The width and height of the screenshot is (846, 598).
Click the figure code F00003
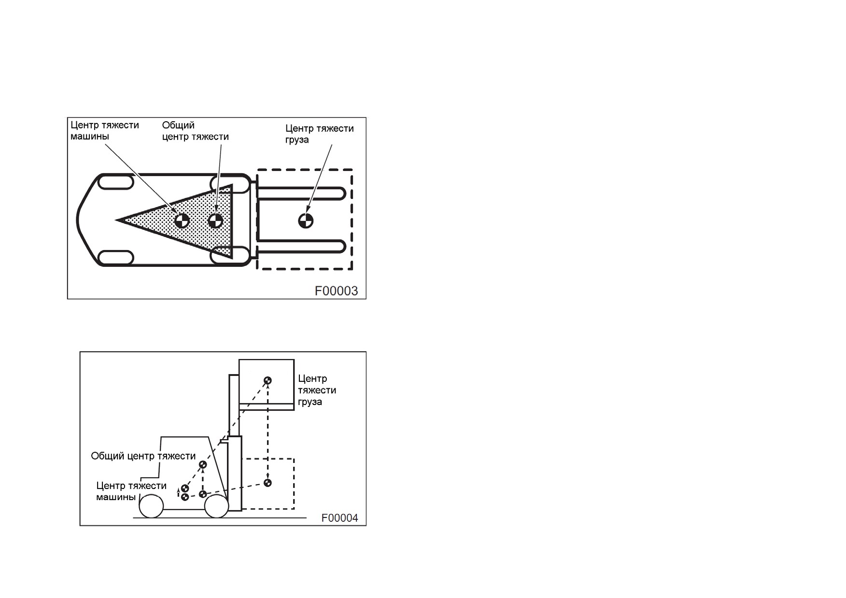tap(336, 291)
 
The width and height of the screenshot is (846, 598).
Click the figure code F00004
tap(340, 518)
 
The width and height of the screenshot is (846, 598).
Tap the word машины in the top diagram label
tap(90, 136)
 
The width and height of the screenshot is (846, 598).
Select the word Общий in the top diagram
tap(178, 125)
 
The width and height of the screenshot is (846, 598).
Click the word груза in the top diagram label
tap(297, 140)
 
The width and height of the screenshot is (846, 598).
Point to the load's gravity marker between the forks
tap(306, 221)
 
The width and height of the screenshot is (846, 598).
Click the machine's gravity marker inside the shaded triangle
tap(182, 221)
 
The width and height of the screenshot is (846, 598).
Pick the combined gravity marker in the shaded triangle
tap(215, 221)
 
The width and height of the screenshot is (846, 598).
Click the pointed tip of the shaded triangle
tap(116, 220)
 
